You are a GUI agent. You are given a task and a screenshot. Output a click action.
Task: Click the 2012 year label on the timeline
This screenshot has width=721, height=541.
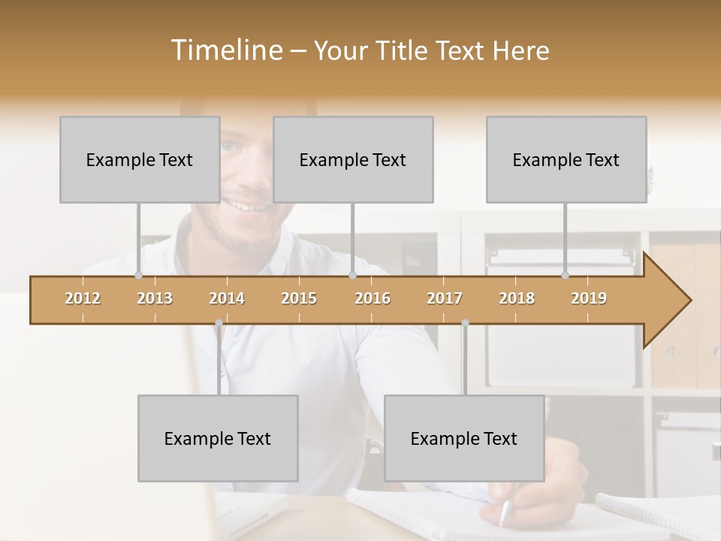[83, 298]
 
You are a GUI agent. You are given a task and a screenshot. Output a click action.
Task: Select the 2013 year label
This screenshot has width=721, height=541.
[155, 298]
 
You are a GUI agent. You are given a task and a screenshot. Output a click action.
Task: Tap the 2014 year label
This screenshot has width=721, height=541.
[227, 298]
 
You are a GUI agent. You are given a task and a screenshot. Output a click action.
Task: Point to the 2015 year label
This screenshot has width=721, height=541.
[299, 298]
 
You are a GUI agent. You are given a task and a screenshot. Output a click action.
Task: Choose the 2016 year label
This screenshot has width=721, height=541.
[373, 298]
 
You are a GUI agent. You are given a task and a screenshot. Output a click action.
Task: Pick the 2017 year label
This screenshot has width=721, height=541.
[445, 298]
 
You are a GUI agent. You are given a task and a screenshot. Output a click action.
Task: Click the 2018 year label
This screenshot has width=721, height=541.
[517, 298]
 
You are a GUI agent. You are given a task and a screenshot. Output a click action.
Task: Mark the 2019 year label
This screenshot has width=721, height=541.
[589, 298]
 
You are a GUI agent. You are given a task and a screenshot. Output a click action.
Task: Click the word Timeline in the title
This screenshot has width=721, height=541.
[225, 50]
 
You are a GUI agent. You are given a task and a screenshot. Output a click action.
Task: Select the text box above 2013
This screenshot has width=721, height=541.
[140, 159]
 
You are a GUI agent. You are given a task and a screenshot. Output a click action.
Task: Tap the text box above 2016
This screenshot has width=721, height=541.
[353, 159]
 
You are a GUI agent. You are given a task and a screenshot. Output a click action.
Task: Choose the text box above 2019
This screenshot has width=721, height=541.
[566, 159]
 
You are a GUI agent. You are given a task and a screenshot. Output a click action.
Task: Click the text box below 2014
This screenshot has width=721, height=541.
[218, 438]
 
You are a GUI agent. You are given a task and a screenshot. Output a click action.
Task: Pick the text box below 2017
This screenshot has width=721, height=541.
[464, 438]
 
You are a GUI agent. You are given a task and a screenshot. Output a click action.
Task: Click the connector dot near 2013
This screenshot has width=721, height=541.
[138, 276]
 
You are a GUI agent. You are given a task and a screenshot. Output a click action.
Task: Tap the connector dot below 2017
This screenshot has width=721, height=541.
[465, 323]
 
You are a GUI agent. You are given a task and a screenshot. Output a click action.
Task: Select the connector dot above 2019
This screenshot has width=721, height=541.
[566, 276]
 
